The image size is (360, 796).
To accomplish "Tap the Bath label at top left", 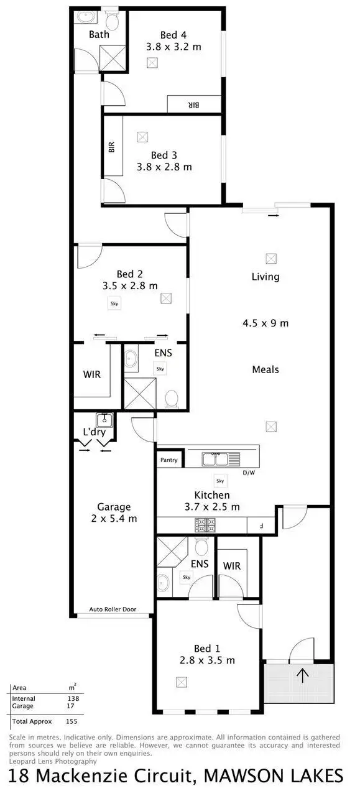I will [99, 34].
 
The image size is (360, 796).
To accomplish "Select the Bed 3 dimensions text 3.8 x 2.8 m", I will [165, 167].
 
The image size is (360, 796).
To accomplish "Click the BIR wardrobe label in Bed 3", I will [112, 147].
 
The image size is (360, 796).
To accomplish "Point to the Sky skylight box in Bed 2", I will [114, 303].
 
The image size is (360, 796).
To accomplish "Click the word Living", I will [265, 277].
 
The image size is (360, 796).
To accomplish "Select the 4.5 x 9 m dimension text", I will [265, 323].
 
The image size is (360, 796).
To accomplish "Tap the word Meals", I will [265, 369].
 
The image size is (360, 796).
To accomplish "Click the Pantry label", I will [169, 460].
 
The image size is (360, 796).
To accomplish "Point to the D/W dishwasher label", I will [249, 473].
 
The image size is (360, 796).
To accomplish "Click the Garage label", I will [114, 507].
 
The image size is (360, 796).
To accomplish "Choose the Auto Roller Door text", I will [113, 609].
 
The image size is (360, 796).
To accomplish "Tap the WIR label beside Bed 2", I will [92, 375].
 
